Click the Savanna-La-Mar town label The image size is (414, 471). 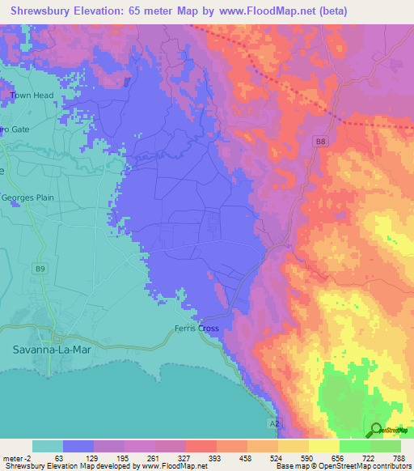pos(51,350)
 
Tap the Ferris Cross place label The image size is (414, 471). pos(197,329)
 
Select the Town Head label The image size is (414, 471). pos(32,95)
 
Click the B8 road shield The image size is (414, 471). pos(321,142)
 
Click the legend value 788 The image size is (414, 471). pos(398,457)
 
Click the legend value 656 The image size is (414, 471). pos(336,457)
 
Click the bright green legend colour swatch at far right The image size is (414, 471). pos(385,446)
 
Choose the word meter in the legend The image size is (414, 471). pos(15,457)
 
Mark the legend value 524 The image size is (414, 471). pos(275,457)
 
